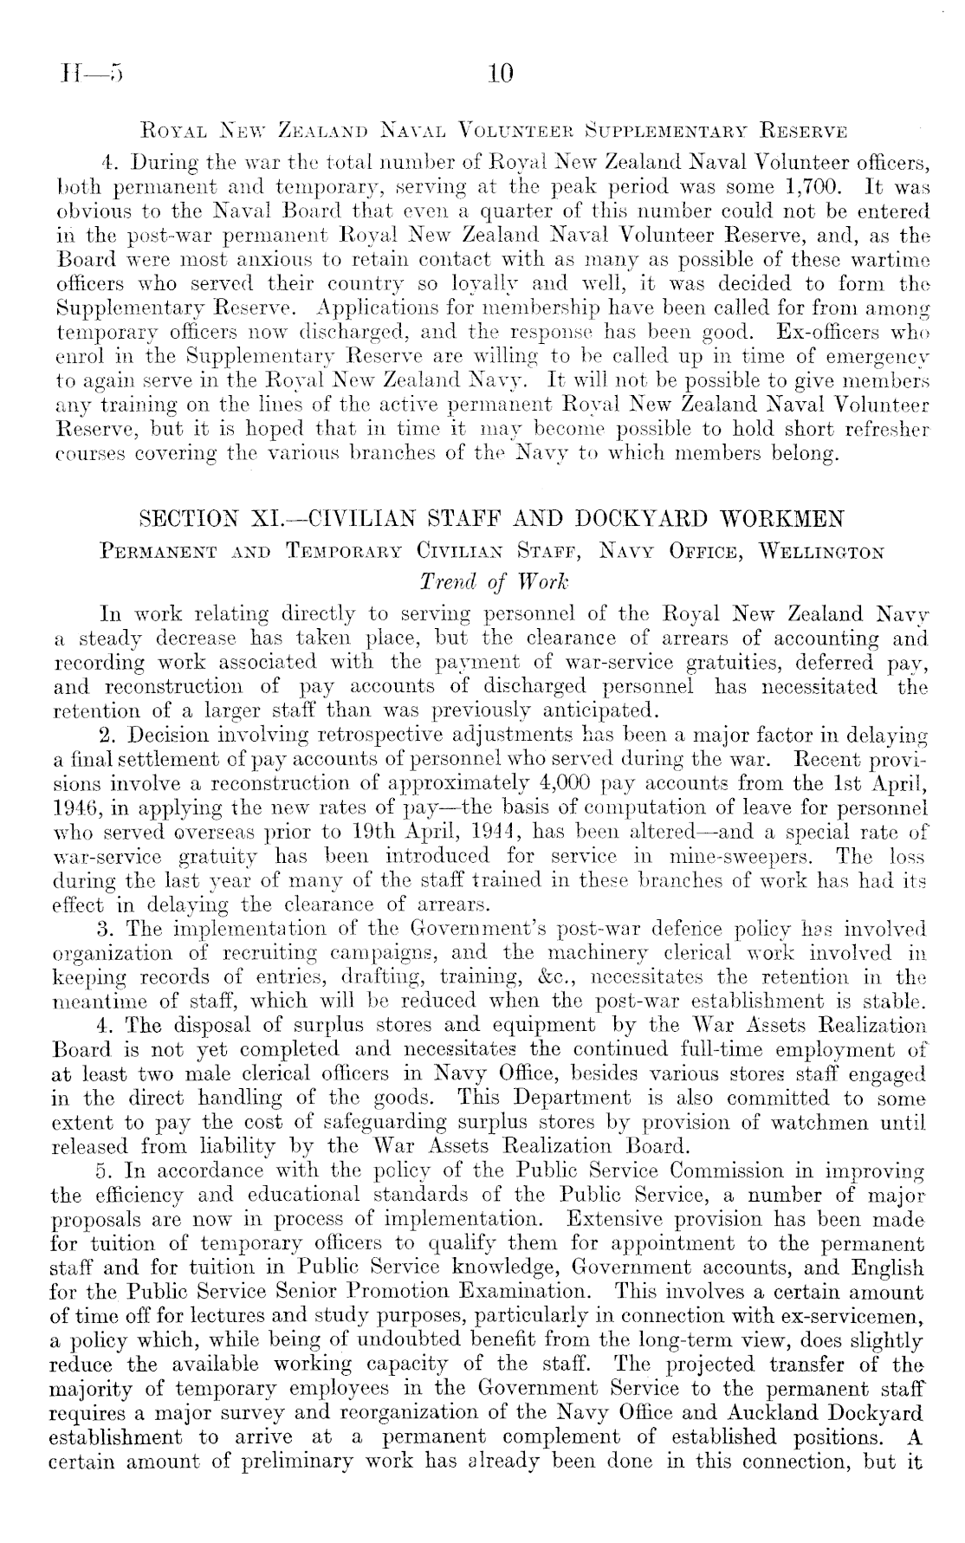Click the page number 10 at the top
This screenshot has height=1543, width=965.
coord(501,74)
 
